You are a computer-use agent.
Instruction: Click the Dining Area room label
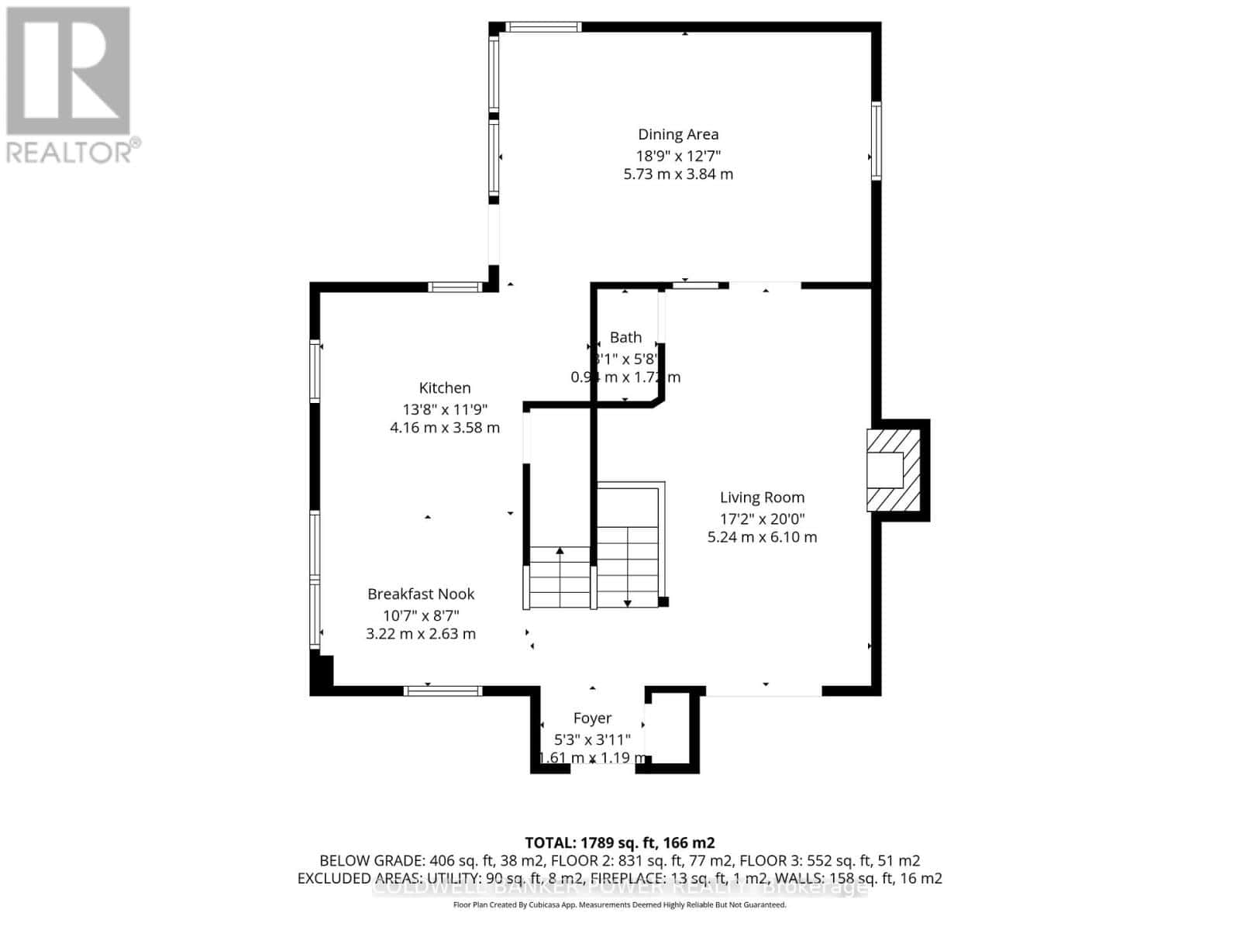678,134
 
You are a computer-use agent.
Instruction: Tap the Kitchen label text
445,387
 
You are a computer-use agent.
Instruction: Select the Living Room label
762,498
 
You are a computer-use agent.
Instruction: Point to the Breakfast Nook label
421,594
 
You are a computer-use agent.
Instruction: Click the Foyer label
592,718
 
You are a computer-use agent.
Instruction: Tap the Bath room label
625,337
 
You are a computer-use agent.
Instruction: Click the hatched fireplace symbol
892,470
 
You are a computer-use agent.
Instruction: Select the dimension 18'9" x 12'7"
678,155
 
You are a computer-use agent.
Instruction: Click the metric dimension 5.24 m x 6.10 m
762,537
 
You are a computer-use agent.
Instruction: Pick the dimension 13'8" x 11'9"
445,408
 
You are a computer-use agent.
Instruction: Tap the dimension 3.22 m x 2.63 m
421,634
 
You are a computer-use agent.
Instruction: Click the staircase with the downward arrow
629,547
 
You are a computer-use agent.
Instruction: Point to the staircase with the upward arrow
560,577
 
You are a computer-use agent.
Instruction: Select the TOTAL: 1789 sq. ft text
619,842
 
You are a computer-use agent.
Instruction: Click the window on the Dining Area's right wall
877,141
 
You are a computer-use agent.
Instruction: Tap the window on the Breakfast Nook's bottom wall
443,691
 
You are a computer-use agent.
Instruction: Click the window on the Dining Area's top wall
543,26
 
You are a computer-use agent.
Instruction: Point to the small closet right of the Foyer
670,728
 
